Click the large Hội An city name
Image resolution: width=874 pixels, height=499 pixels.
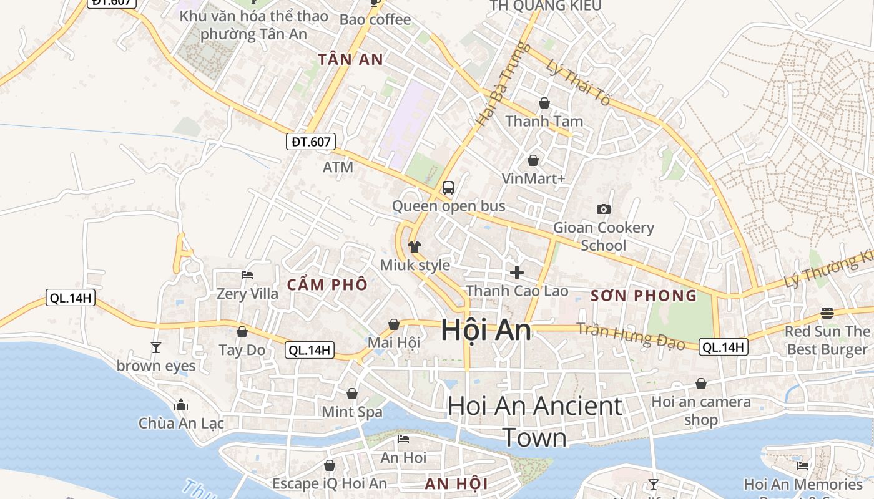pyautogui.click(x=486, y=330)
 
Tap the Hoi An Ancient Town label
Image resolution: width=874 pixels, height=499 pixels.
pyautogui.click(x=535, y=422)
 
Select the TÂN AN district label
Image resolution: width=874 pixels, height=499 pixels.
pyautogui.click(x=350, y=60)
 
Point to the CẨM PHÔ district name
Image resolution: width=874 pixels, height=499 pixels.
pyautogui.click(x=327, y=284)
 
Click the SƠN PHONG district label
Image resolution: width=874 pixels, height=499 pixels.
pyautogui.click(x=644, y=296)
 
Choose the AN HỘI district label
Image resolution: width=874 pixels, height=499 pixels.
pyautogui.click(x=456, y=483)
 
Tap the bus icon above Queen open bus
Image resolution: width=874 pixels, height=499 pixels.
pyautogui.click(x=448, y=187)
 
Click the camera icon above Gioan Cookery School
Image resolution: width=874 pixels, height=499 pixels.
pyautogui.click(x=603, y=210)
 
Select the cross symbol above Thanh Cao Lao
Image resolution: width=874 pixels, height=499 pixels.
pyautogui.click(x=517, y=273)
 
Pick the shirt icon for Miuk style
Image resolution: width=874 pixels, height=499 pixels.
pyautogui.click(x=415, y=247)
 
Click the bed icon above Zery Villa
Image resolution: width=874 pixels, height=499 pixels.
pyautogui.click(x=247, y=275)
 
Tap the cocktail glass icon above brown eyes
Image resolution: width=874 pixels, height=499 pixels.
pyautogui.click(x=156, y=347)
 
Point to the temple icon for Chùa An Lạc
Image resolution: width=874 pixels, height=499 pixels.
pyautogui.click(x=181, y=405)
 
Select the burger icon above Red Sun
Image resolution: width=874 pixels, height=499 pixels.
pyautogui.click(x=827, y=312)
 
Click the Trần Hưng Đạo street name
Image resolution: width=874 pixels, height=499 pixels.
pyautogui.click(x=631, y=336)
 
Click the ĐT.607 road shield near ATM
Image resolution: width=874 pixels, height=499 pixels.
pyautogui.click(x=311, y=142)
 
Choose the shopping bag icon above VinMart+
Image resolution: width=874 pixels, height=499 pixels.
pyautogui.click(x=533, y=160)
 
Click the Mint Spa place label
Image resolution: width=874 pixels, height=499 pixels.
pyautogui.click(x=352, y=412)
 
